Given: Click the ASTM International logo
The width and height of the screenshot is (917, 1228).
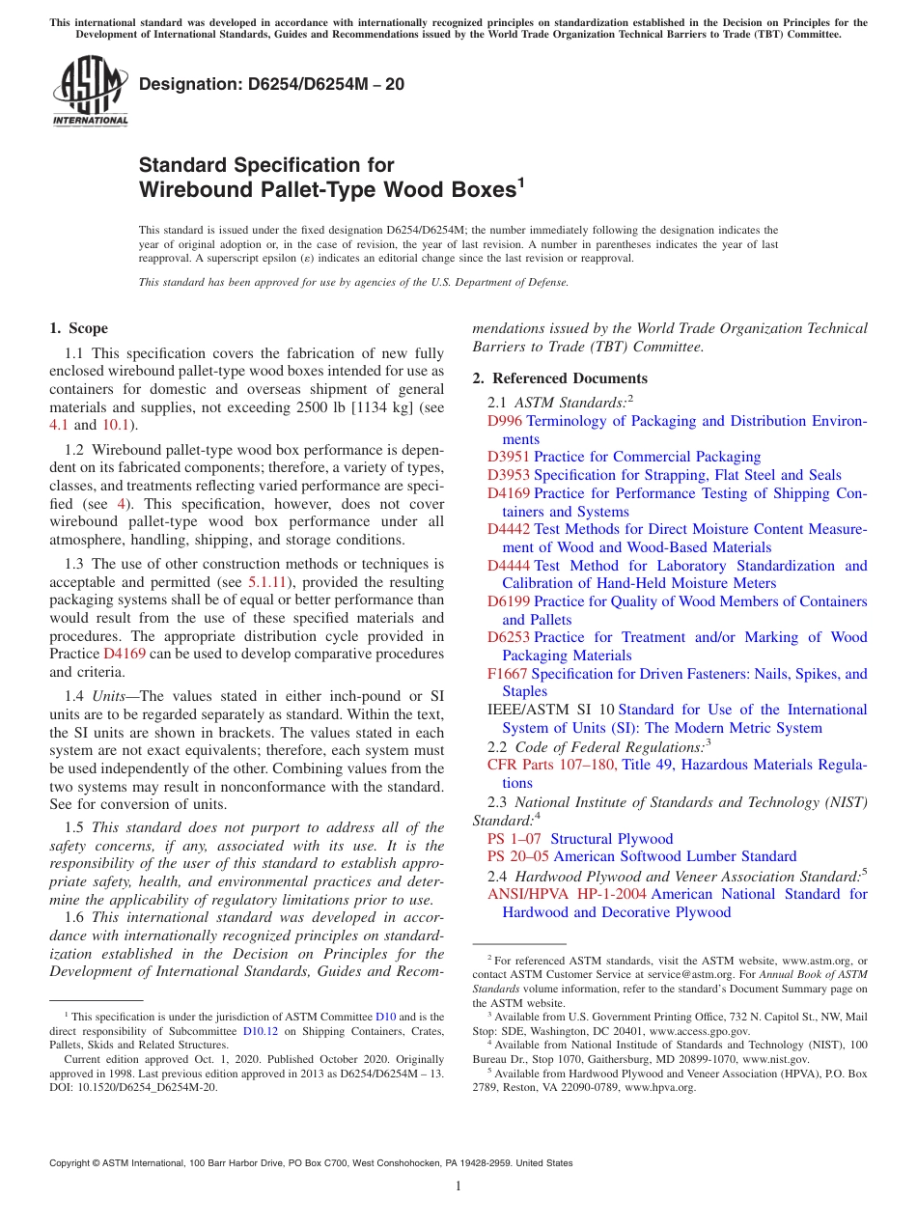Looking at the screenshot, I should pos(90,92).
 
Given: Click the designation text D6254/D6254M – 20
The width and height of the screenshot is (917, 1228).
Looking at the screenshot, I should pos(271,85).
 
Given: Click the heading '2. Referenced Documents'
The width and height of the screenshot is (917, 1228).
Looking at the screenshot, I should pos(560,378).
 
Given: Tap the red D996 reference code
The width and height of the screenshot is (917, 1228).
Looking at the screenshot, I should pos(505,421).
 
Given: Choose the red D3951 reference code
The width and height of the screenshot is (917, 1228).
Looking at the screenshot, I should pos(509,457).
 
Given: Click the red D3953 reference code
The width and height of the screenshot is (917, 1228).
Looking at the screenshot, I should pos(509,475).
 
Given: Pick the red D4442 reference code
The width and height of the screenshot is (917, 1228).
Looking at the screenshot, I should pos(509,529).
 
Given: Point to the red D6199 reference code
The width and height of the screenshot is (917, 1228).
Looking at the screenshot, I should pos(509,601).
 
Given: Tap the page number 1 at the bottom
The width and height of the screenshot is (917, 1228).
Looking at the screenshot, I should pos(458,1186).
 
